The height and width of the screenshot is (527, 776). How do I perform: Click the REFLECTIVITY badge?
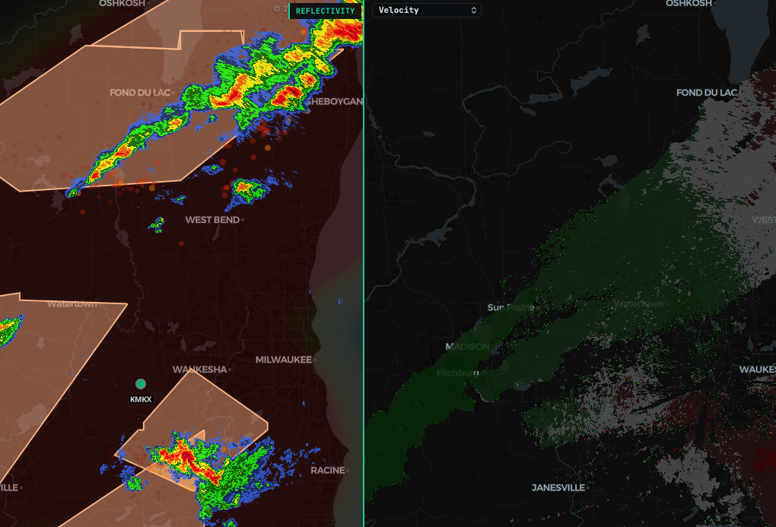(x=326, y=11)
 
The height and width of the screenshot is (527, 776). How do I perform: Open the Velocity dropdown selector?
(x=427, y=10)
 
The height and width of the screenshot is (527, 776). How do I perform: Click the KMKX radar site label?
(x=141, y=399)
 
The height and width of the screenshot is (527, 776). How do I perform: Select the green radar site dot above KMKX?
(x=141, y=384)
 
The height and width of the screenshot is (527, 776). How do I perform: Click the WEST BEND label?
(x=212, y=220)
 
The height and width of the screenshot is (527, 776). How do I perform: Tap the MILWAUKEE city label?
(x=283, y=359)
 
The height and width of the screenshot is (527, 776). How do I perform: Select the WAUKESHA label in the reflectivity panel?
(x=199, y=370)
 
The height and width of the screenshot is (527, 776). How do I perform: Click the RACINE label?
(x=327, y=470)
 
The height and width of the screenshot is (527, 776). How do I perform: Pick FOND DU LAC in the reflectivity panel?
(x=141, y=93)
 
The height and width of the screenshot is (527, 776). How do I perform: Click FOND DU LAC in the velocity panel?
(x=706, y=93)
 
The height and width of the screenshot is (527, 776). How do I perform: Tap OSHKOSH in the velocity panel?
(x=689, y=4)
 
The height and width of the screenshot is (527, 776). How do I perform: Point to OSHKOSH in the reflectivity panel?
(x=122, y=4)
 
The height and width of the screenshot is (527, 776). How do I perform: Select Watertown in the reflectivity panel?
(x=72, y=304)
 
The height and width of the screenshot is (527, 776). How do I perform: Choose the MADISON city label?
(x=468, y=347)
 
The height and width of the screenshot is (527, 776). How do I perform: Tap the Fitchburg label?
(x=457, y=373)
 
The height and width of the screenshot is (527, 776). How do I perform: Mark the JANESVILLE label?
(x=558, y=487)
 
